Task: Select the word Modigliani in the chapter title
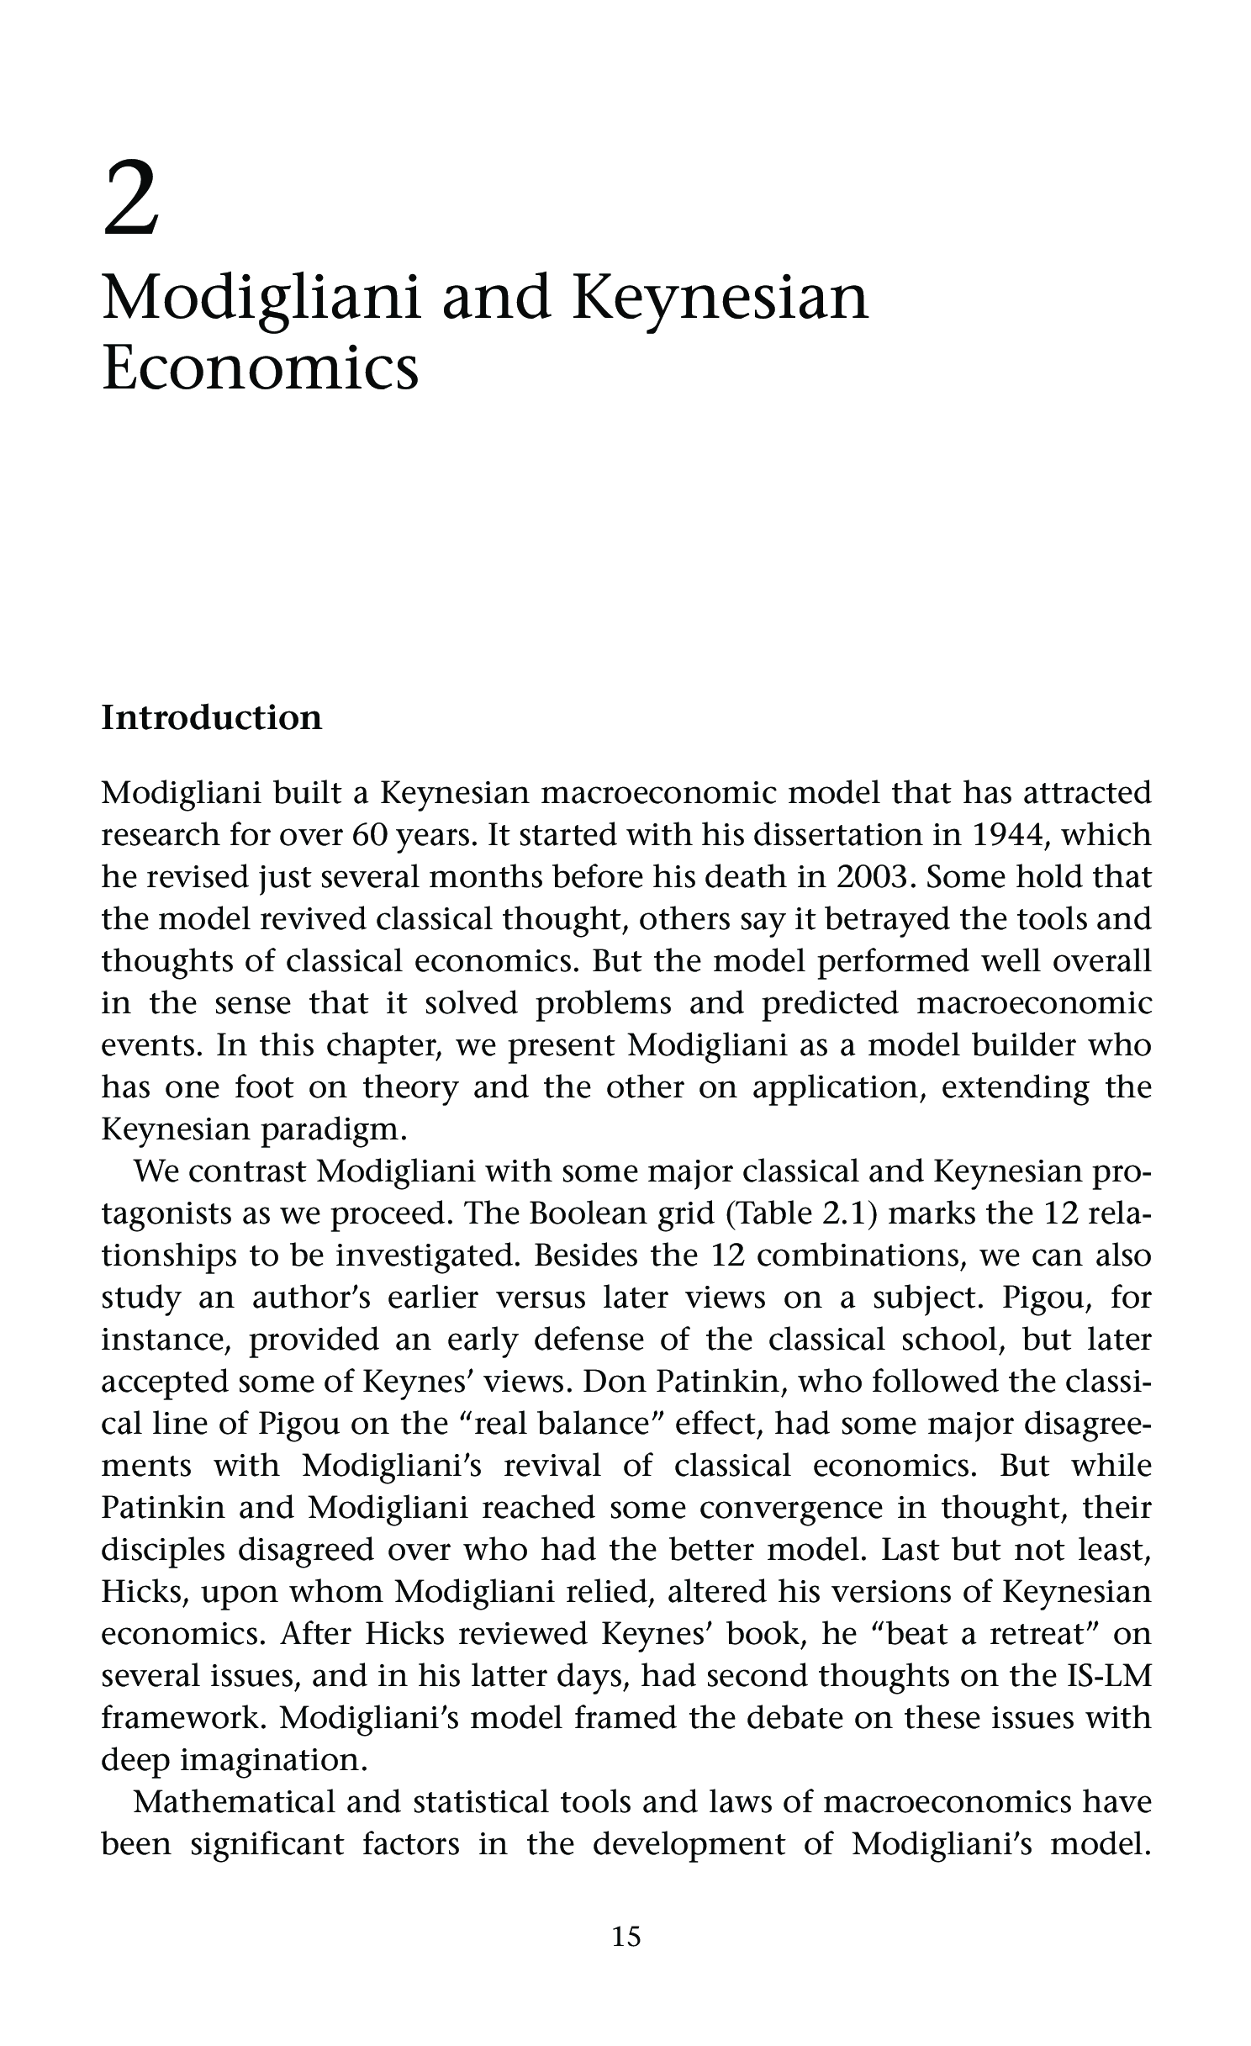(260, 300)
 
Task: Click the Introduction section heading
(211, 718)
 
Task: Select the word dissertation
(842, 835)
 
